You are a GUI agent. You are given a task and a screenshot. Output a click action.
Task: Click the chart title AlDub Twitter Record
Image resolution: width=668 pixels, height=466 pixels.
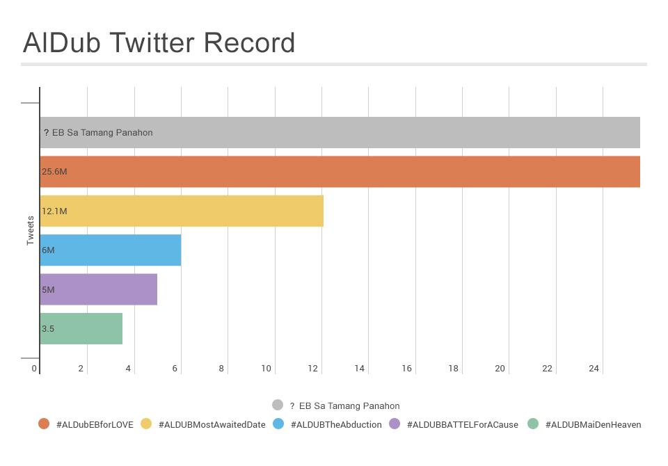159,43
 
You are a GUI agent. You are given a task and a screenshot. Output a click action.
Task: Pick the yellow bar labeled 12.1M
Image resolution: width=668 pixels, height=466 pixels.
182,211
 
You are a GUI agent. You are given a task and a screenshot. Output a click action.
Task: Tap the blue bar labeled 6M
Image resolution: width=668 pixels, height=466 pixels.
111,250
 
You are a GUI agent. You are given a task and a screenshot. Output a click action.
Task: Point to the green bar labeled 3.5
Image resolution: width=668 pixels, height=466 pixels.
81,329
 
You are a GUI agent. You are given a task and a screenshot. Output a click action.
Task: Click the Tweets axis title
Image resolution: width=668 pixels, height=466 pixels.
31,230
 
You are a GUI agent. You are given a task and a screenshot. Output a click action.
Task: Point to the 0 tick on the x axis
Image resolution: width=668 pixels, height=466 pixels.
34,369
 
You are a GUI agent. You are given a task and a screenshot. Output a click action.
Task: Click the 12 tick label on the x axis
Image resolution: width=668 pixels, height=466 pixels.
313,369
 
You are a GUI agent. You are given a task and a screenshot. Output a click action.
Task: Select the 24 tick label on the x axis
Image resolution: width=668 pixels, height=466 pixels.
594,369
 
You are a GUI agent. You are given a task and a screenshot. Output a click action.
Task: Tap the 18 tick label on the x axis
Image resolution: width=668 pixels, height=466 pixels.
453,369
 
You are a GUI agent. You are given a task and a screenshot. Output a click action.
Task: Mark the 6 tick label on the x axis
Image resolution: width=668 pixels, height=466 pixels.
175,369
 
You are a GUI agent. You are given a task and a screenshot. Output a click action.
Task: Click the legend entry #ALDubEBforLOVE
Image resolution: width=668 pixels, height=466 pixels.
95,424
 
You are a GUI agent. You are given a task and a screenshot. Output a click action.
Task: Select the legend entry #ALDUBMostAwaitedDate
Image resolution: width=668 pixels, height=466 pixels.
212,424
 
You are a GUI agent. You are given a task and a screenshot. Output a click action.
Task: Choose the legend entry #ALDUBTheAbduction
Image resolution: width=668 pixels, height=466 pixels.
336,424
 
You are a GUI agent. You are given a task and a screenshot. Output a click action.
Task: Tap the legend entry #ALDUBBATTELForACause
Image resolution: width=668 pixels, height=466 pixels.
462,424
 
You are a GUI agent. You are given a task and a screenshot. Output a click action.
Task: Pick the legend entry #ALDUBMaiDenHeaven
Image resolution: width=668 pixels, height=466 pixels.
593,424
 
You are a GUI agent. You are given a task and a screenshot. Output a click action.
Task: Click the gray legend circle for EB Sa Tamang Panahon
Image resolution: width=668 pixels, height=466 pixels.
278,405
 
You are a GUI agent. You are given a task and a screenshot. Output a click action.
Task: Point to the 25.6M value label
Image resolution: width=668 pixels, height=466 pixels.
54,172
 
